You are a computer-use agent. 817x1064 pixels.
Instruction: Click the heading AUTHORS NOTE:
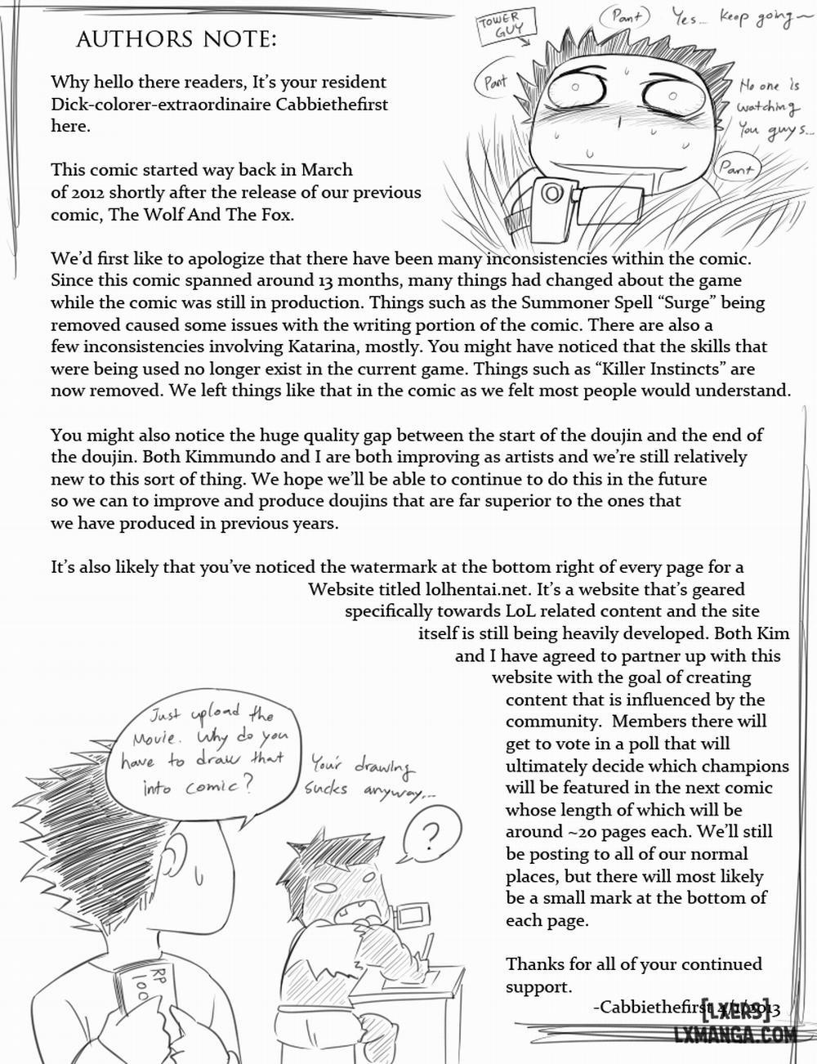[x=176, y=39]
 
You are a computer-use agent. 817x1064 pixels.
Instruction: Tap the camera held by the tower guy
[x=551, y=196]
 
